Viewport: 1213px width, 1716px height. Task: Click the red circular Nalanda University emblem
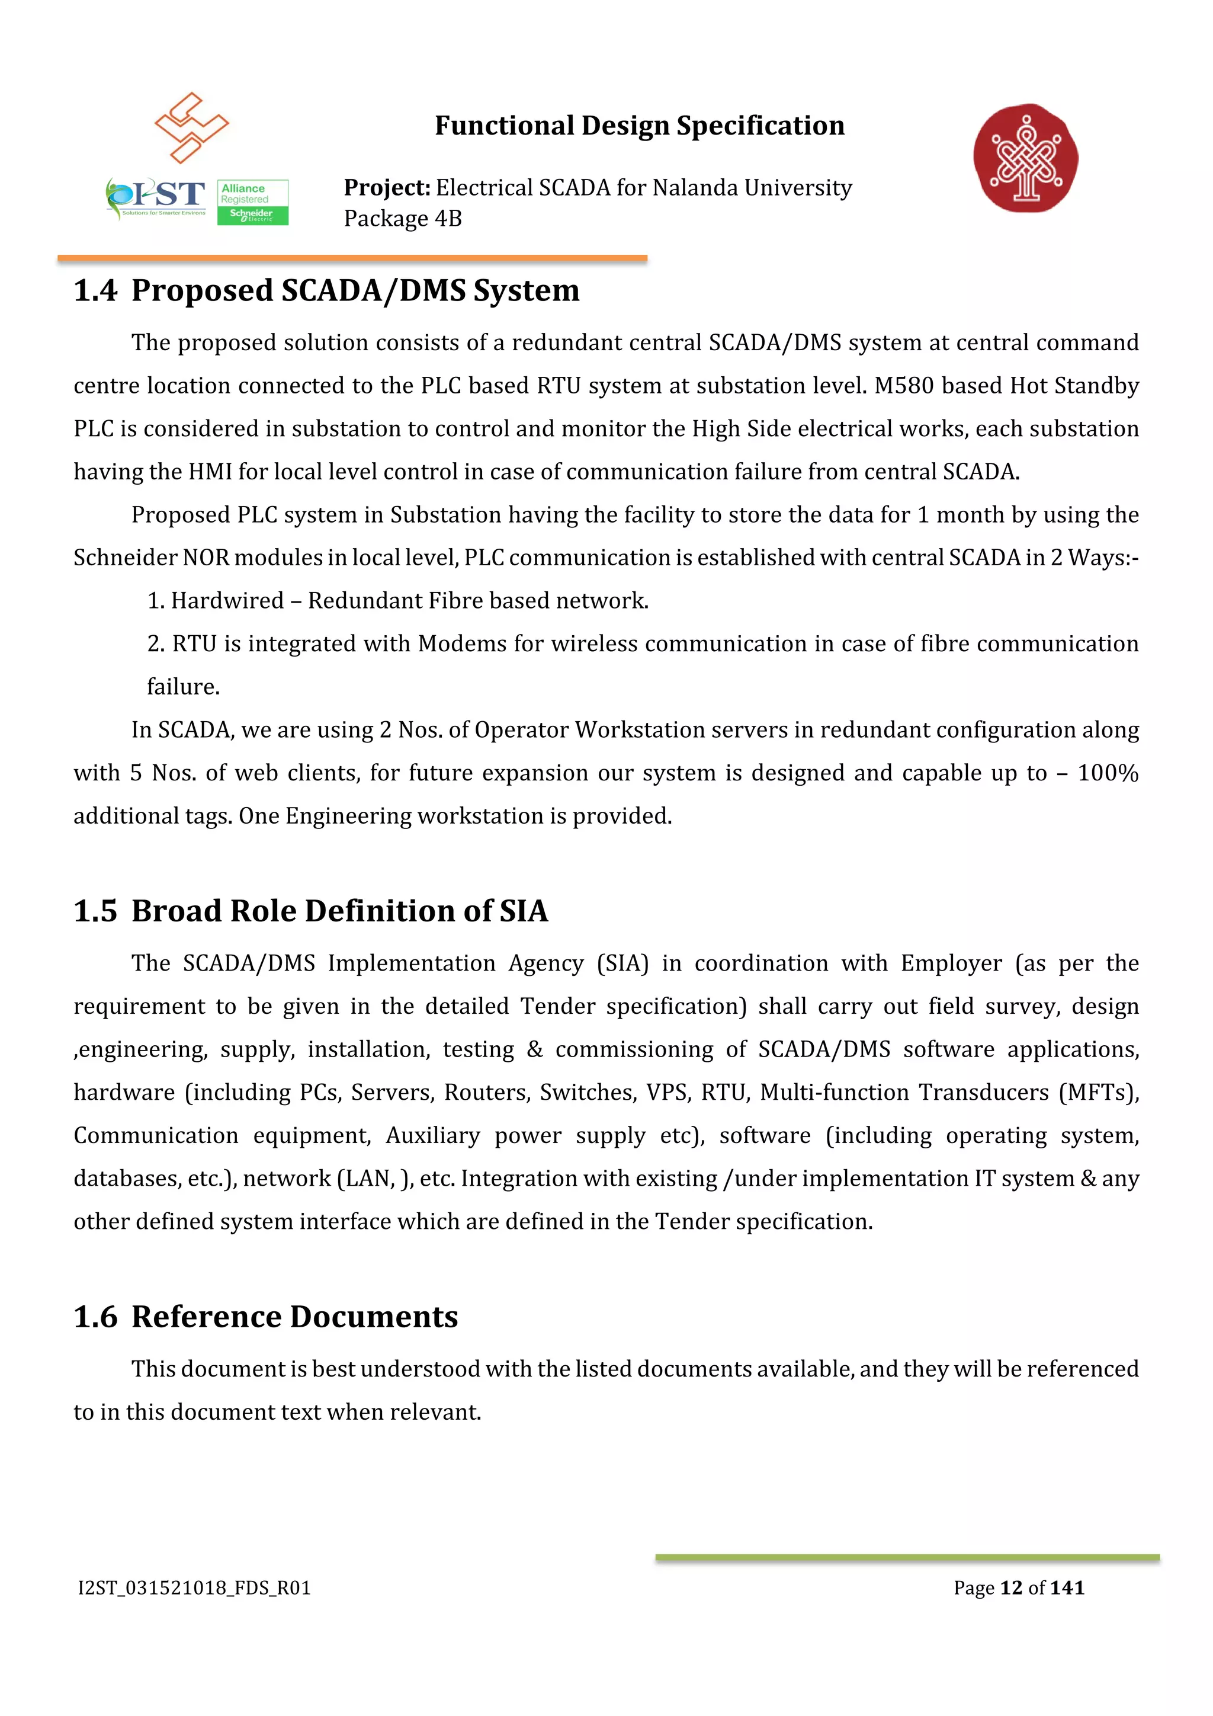(1025, 158)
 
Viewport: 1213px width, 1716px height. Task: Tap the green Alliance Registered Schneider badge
(252, 202)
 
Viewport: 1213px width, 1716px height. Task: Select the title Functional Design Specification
(639, 126)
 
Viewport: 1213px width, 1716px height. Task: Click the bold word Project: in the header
(387, 188)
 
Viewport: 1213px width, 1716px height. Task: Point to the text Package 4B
(403, 219)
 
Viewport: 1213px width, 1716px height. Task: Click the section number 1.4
(95, 291)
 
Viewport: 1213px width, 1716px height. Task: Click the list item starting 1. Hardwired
(397, 601)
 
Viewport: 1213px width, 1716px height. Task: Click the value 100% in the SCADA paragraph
(1108, 773)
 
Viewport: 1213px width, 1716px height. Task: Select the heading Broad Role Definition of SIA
(340, 911)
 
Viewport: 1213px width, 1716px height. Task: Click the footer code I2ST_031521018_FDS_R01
(194, 1588)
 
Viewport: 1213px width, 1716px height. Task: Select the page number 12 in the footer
(1010, 1588)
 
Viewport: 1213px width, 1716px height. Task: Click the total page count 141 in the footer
(1067, 1588)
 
